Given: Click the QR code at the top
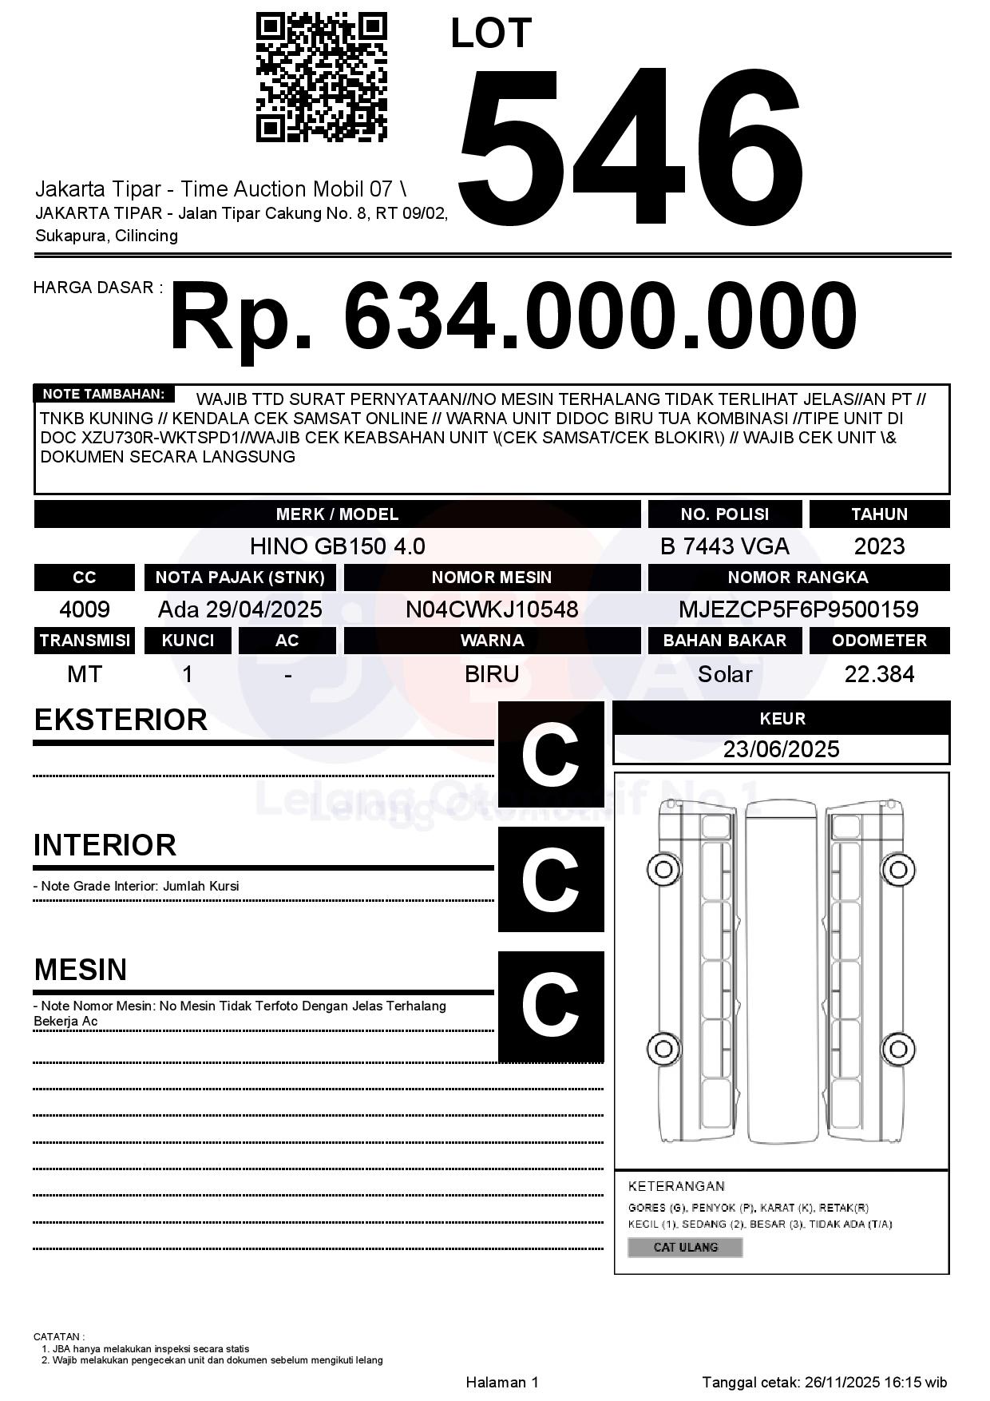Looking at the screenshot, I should pyautogui.click(x=321, y=77).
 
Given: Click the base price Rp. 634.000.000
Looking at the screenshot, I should pyautogui.click(x=513, y=316).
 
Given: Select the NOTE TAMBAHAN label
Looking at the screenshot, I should pyautogui.click(x=104, y=394).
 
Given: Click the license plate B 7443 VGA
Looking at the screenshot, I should pyautogui.click(x=724, y=546).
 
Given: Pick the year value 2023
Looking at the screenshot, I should pyautogui.click(x=879, y=546).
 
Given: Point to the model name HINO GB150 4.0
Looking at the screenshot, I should pyautogui.click(x=337, y=546).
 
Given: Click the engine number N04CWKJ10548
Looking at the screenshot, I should pyautogui.click(x=492, y=609).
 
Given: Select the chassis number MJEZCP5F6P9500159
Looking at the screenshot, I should pyautogui.click(x=798, y=609).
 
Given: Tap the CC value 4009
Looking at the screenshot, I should pyautogui.click(x=85, y=609).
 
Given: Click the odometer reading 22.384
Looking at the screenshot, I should pyautogui.click(x=879, y=674).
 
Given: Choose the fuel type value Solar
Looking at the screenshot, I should pyautogui.click(x=724, y=674).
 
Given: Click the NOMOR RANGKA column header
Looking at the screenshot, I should pyautogui.click(x=798, y=577).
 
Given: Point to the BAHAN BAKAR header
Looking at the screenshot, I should pyautogui.click(x=724, y=641).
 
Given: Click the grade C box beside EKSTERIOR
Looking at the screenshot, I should pyautogui.click(x=551, y=754).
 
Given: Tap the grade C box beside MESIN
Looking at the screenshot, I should pyautogui.click(x=551, y=1006).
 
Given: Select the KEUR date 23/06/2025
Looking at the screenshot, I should pyautogui.click(x=781, y=749).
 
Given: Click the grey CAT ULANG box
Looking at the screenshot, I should pyautogui.click(x=685, y=1247).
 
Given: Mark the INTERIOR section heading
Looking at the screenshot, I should pyautogui.click(x=105, y=845).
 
